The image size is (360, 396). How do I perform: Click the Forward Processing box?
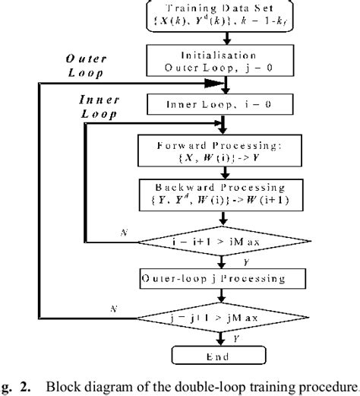pos(222,149)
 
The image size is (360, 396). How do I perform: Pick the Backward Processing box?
pos(222,193)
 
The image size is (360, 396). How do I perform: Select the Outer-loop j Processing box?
pos(222,279)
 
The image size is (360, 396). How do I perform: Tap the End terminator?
pos(222,356)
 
